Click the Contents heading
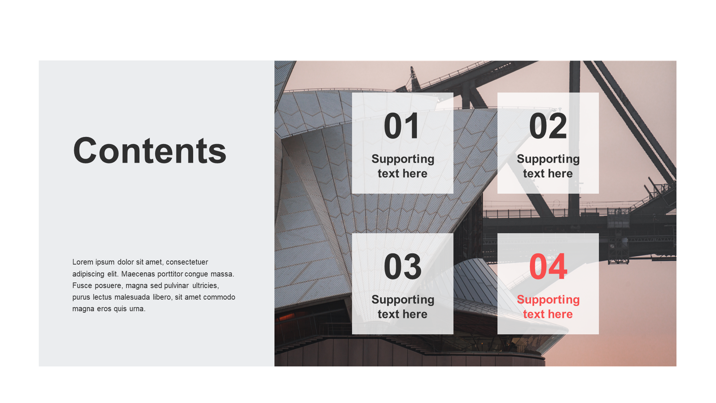(150, 150)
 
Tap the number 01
(402, 126)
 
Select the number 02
(548, 126)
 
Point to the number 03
(402, 266)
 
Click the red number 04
(548, 266)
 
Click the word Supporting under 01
(403, 159)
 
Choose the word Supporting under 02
(548, 159)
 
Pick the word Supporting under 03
(403, 300)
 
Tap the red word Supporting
(548, 300)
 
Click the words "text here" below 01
(402, 174)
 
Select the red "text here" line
(548, 314)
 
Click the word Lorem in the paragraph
(83, 262)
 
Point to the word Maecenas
(138, 274)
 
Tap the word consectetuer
(187, 262)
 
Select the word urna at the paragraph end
(137, 309)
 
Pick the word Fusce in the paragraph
(82, 285)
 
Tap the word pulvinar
(176, 285)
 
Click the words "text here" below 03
(402, 314)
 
